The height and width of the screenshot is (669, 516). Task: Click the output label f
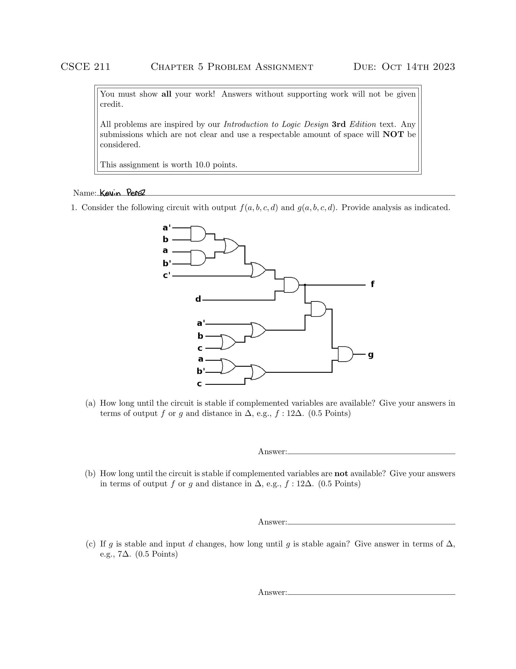click(x=372, y=284)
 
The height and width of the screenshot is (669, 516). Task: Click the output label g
click(x=371, y=355)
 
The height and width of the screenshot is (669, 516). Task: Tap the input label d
click(x=198, y=299)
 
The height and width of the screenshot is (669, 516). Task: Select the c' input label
click(x=166, y=275)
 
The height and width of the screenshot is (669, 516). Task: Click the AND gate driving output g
click(x=345, y=354)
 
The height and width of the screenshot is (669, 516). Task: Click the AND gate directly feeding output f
click(x=291, y=285)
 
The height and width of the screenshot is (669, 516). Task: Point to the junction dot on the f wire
click(x=305, y=285)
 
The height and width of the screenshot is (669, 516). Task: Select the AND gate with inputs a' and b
click(x=198, y=234)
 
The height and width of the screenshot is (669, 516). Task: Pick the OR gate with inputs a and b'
click(x=228, y=366)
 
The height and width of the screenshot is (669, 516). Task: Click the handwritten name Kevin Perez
click(x=122, y=193)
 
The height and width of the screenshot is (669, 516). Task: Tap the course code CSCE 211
click(x=85, y=67)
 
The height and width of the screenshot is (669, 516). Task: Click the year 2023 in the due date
click(x=444, y=67)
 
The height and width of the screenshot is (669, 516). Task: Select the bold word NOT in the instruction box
click(x=393, y=135)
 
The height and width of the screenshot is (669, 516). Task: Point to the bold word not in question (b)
click(x=341, y=474)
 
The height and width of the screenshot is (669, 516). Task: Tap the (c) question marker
click(x=91, y=544)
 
